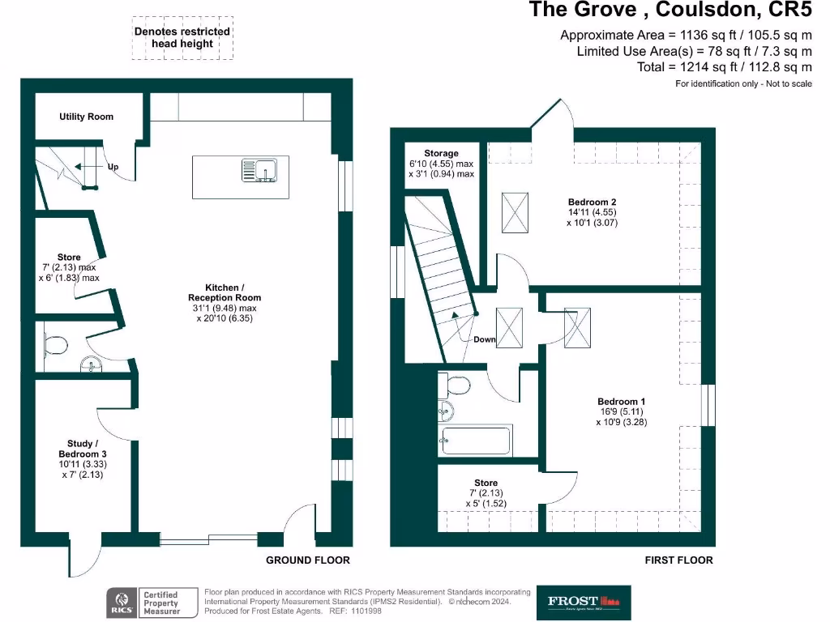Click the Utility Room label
[x=86, y=117]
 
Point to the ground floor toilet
[x=55, y=346]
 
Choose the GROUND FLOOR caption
[x=308, y=560]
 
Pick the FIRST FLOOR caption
[x=678, y=560]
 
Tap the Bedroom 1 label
[x=622, y=402]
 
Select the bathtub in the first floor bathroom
[x=476, y=441]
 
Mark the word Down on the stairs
[x=485, y=339]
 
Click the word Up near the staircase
[x=113, y=167]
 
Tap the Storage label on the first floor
[x=441, y=153]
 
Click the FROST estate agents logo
[x=584, y=601]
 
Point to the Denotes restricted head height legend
[x=182, y=37]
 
